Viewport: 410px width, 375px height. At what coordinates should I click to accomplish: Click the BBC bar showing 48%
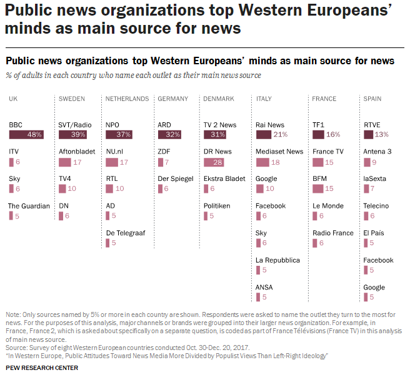coord(26,135)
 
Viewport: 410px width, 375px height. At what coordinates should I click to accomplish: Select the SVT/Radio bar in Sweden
coord(72,135)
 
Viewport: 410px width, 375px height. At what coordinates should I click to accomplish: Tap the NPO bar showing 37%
coord(119,135)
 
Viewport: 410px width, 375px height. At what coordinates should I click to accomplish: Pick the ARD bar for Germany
coord(169,135)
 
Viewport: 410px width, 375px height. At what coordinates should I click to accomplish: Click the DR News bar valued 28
coord(214,162)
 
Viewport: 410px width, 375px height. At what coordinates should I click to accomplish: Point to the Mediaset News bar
coord(262,162)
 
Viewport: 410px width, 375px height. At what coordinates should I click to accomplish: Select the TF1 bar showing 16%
coord(318,135)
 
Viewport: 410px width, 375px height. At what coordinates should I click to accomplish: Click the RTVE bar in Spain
coord(367,135)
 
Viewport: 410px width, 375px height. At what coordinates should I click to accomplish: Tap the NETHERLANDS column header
coord(127,99)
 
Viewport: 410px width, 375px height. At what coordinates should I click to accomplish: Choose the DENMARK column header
coord(219,99)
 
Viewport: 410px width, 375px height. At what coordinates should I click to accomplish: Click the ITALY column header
coord(264,99)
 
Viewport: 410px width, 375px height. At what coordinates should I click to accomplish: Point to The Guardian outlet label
coord(29,206)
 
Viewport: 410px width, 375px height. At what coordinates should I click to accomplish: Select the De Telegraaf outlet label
coord(125,233)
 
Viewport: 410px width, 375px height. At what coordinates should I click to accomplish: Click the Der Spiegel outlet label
coord(176,178)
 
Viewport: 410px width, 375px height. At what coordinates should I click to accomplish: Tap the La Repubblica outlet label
coord(277,260)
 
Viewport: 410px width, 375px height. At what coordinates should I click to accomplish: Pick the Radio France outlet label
coord(333,233)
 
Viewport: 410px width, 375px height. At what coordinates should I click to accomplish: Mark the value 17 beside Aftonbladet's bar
coord(77,162)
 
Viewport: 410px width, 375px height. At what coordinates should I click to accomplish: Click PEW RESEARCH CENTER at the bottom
coord(42,368)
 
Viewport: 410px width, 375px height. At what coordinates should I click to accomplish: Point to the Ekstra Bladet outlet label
coord(224,178)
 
